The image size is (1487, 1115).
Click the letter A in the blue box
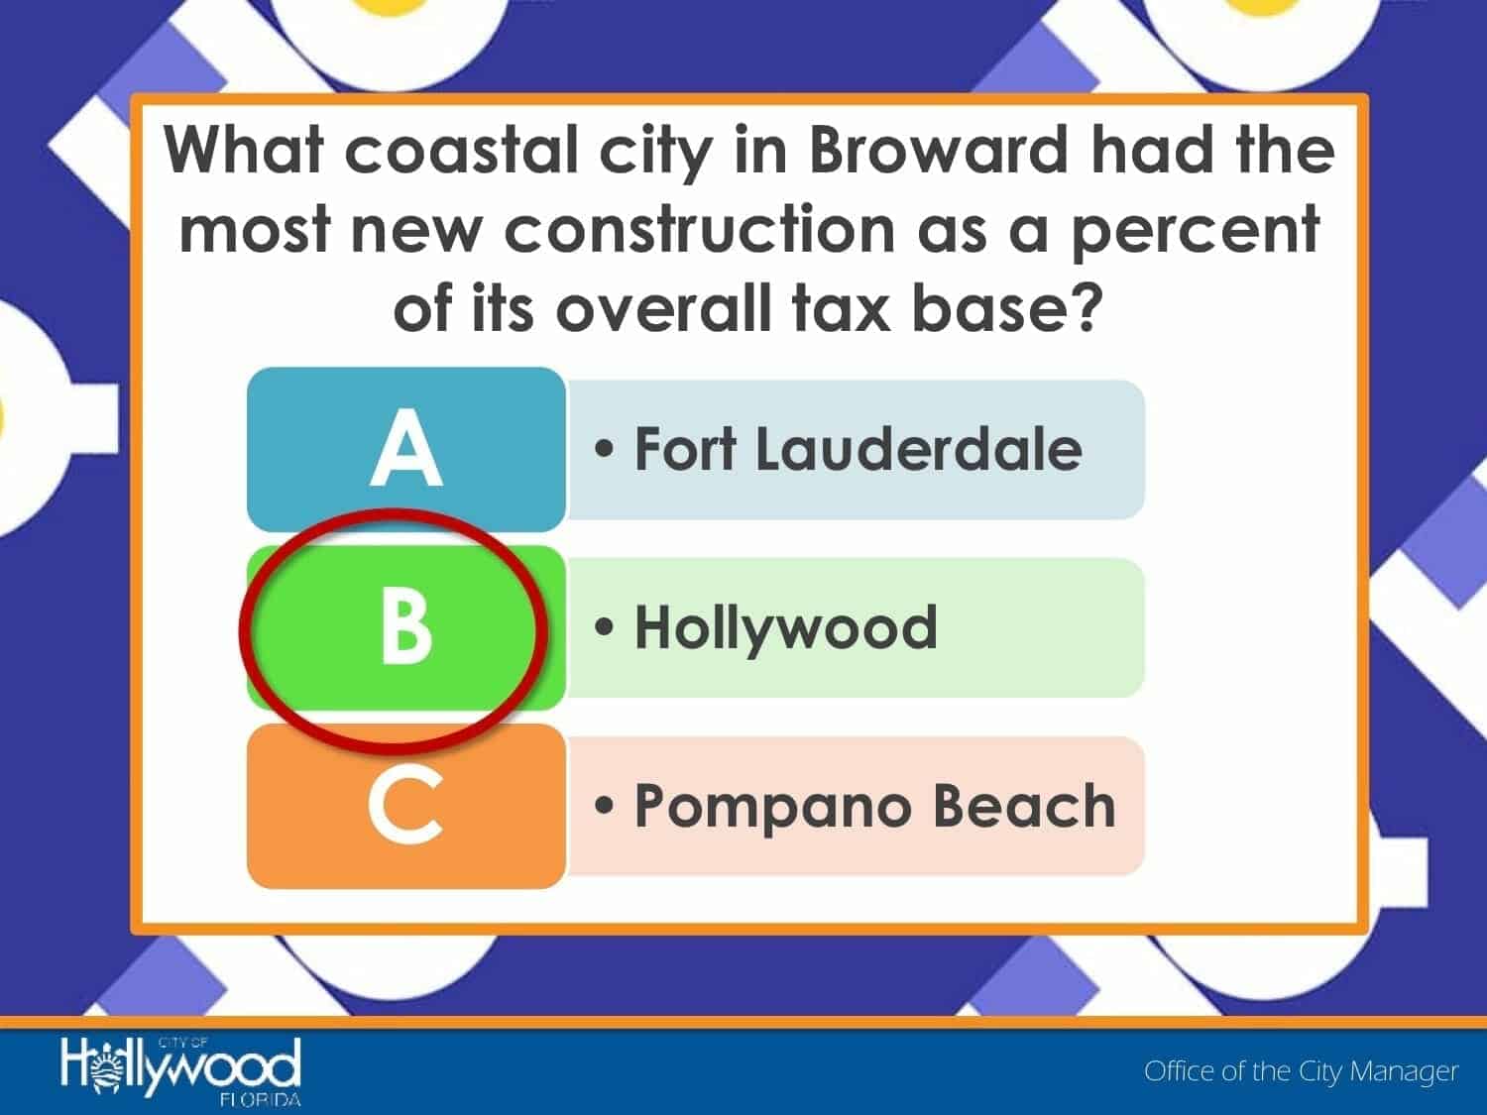406,448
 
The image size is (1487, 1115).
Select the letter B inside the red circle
405,624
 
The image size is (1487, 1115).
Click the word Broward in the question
938,150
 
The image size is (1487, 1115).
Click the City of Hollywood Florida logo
180,1071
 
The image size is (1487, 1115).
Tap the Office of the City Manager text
1301,1071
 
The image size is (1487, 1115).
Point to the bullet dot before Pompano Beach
604,806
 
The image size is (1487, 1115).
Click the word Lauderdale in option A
919,448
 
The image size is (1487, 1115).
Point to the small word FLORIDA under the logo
260,1099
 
